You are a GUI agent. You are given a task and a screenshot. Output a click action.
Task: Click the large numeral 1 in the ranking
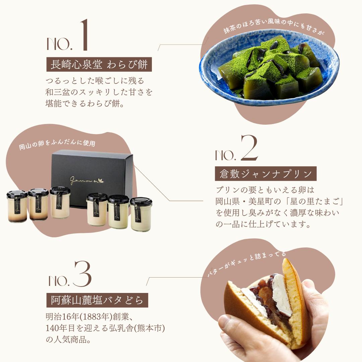click(84, 35)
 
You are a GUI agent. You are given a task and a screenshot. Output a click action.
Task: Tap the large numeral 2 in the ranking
click(249, 148)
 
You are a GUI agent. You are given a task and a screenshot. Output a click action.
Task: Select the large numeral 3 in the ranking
click(82, 274)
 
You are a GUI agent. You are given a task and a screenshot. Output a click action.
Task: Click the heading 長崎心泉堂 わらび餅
click(99, 64)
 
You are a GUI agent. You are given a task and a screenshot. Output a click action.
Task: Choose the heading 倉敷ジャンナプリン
click(265, 174)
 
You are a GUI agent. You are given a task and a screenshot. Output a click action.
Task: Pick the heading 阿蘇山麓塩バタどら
click(97, 300)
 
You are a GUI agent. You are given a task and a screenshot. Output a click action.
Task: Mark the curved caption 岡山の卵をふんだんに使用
click(57, 144)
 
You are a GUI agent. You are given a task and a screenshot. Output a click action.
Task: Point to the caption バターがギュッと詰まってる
click(246, 263)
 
